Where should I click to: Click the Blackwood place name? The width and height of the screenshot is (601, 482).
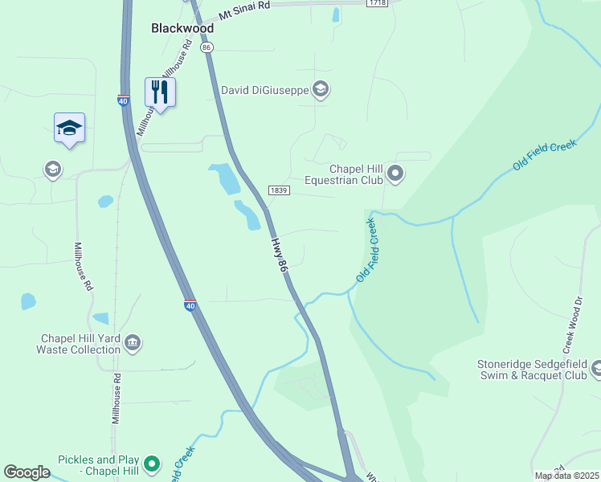(182, 28)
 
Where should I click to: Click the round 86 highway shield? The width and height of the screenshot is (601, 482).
(207, 48)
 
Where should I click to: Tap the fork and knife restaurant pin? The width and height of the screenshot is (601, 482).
(160, 93)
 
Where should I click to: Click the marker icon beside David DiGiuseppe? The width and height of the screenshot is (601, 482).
(321, 89)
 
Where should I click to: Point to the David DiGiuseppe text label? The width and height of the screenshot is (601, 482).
(264, 90)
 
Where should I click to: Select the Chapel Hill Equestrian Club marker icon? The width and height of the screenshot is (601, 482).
(395, 173)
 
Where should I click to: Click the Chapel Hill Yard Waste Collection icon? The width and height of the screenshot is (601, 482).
(133, 344)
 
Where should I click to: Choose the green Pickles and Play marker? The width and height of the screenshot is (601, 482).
(151, 464)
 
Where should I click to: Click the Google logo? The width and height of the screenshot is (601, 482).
(27, 472)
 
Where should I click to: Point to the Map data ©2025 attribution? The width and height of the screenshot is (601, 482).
(566, 476)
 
